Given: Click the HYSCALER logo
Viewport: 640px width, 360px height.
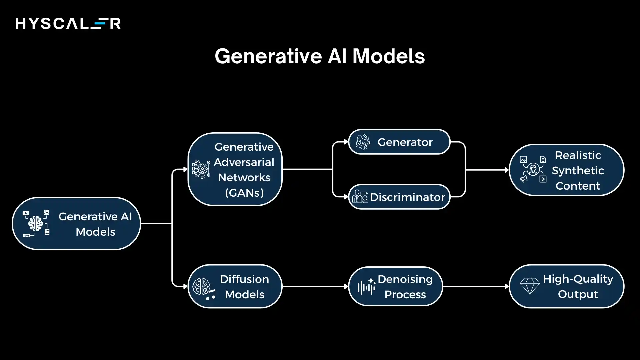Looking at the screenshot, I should coord(68,24).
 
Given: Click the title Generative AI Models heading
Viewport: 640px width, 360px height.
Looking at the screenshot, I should coord(320,56).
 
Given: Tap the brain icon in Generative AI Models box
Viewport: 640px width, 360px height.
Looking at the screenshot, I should coord(36,224).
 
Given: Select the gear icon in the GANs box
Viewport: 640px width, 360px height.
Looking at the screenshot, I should coord(201,169).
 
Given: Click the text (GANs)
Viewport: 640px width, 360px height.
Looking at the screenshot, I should coord(244,193).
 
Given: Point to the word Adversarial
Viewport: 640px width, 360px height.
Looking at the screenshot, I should coord(244,162).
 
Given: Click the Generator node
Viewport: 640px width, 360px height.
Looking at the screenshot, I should coord(399,142).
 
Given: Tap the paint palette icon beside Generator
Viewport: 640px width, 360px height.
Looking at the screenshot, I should coord(363,142).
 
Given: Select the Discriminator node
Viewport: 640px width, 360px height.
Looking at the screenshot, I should coord(399,197).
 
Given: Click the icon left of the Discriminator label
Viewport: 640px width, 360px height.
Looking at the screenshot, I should coord(360,197).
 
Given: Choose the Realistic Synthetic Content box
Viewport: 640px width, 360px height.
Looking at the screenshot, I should coord(566,170).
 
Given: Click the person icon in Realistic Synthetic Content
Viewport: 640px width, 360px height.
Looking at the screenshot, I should coord(533,169).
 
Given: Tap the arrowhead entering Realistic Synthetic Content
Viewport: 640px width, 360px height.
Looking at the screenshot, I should coord(507,170).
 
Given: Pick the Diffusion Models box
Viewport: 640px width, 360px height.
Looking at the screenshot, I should coord(235,286).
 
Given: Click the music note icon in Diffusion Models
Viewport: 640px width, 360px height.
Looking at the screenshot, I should coord(210,295).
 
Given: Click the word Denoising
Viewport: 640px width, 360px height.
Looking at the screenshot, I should coord(405,279).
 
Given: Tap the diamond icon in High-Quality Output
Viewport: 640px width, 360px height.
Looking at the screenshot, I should coord(530,286).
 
